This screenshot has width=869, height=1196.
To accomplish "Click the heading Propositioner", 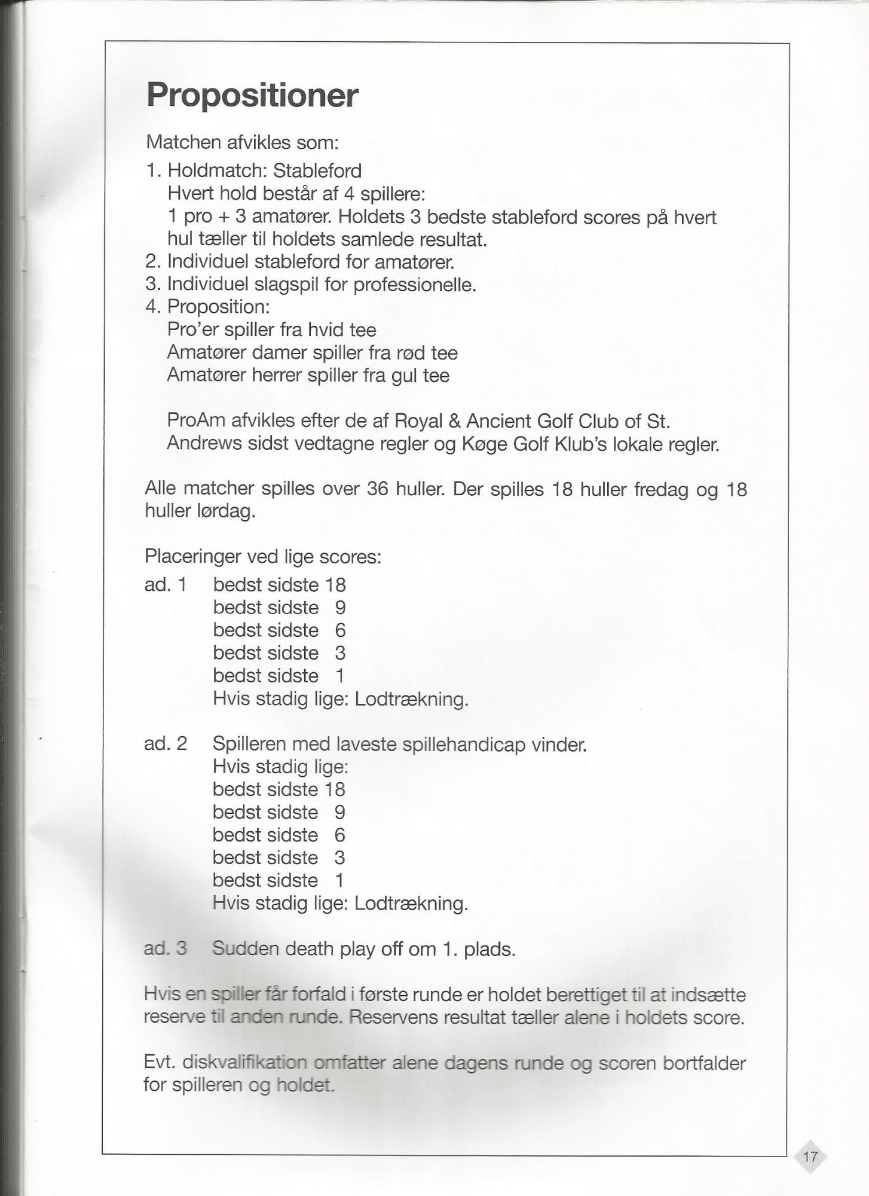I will [x=252, y=95].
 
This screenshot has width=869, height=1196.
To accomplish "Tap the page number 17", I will [x=810, y=1156].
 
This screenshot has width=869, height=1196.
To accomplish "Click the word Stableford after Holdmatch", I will [x=317, y=171].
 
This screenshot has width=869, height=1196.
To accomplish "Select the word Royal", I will [x=418, y=421].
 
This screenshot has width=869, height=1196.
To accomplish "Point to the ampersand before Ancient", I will [x=454, y=421].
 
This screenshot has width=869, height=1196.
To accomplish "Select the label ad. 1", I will [x=166, y=584].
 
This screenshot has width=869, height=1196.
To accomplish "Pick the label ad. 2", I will [x=166, y=744].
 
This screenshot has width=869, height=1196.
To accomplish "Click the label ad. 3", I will [x=166, y=948].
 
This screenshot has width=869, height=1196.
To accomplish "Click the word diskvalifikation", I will [x=244, y=1063].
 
